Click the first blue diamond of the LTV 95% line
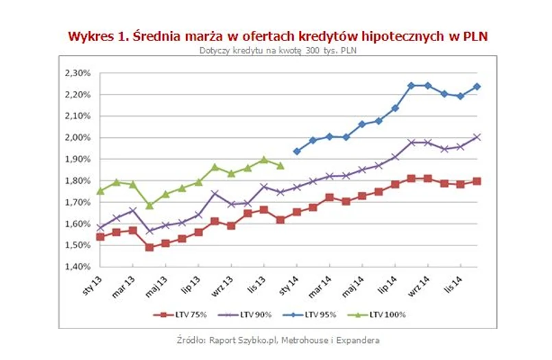coord(297,151)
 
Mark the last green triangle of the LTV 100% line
coord(280,165)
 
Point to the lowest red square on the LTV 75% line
coord(149,247)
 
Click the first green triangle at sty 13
coord(101,191)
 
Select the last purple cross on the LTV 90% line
coord(477,136)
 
